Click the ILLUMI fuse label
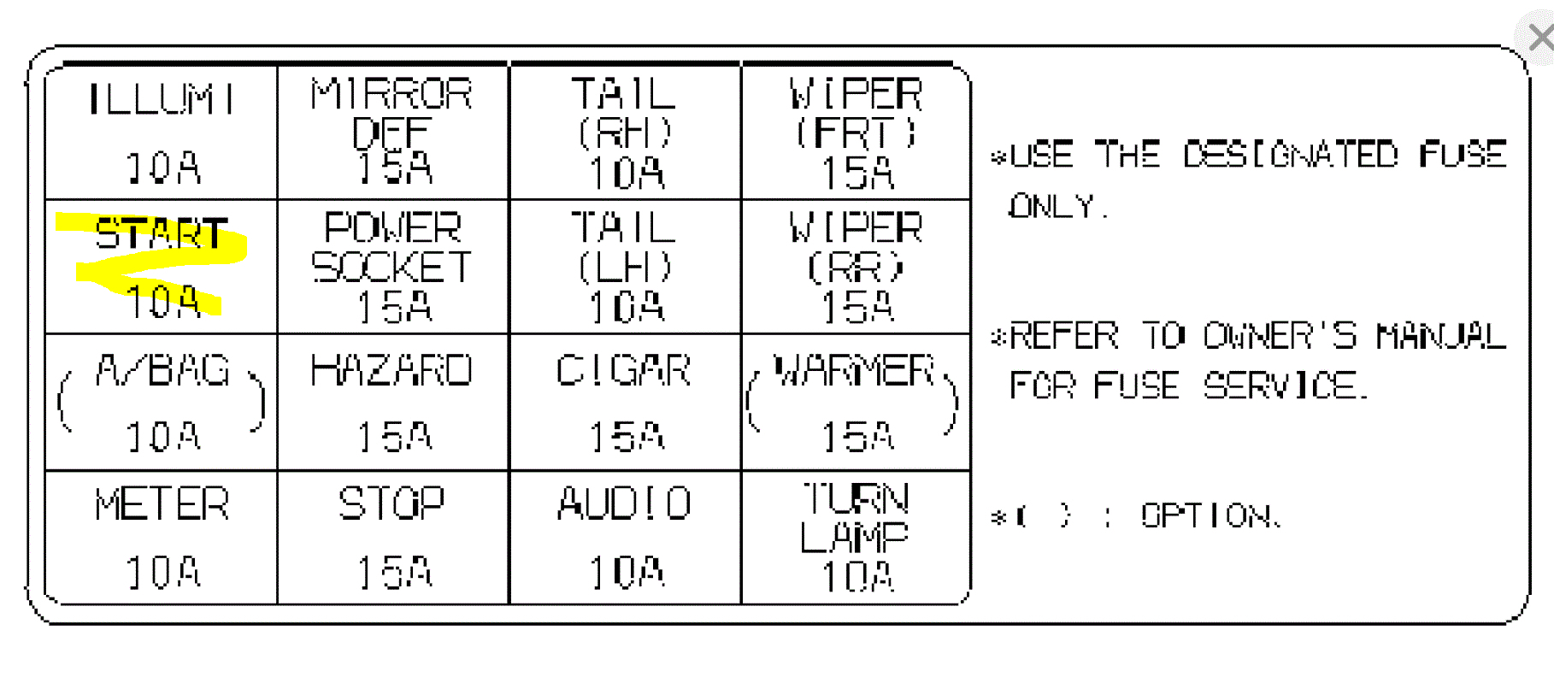click(x=161, y=99)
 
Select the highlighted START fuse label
click(x=161, y=233)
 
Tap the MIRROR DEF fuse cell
click(x=392, y=131)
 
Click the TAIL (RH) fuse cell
click(x=625, y=131)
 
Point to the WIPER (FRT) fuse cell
click(x=856, y=131)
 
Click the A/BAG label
click(x=162, y=371)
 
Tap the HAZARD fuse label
click(x=392, y=371)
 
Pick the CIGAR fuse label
click(x=624, y=371)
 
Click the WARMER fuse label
click(x=853, y=371)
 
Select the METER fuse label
click(x=162, y=504)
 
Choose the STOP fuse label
click(x=392, y=503)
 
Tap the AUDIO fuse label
click(x=625, y=503)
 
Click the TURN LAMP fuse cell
click(x=856, y=537)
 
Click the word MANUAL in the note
click(x=1441, y=336)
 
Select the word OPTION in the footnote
click(x=1209, y=515)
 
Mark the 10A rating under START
click(x=162, y=302)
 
